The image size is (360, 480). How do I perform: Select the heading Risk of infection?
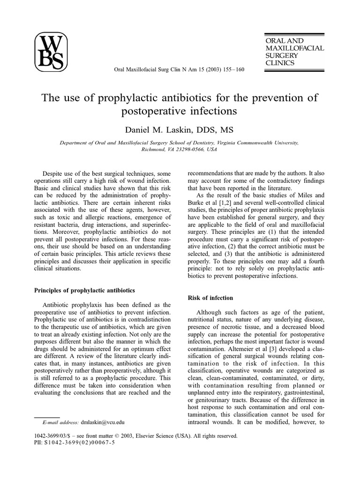click(x=210, y=298)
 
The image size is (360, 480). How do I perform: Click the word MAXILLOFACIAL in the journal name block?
click(x=294, y=48)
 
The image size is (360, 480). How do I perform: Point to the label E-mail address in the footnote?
click(x=60, y=422)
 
